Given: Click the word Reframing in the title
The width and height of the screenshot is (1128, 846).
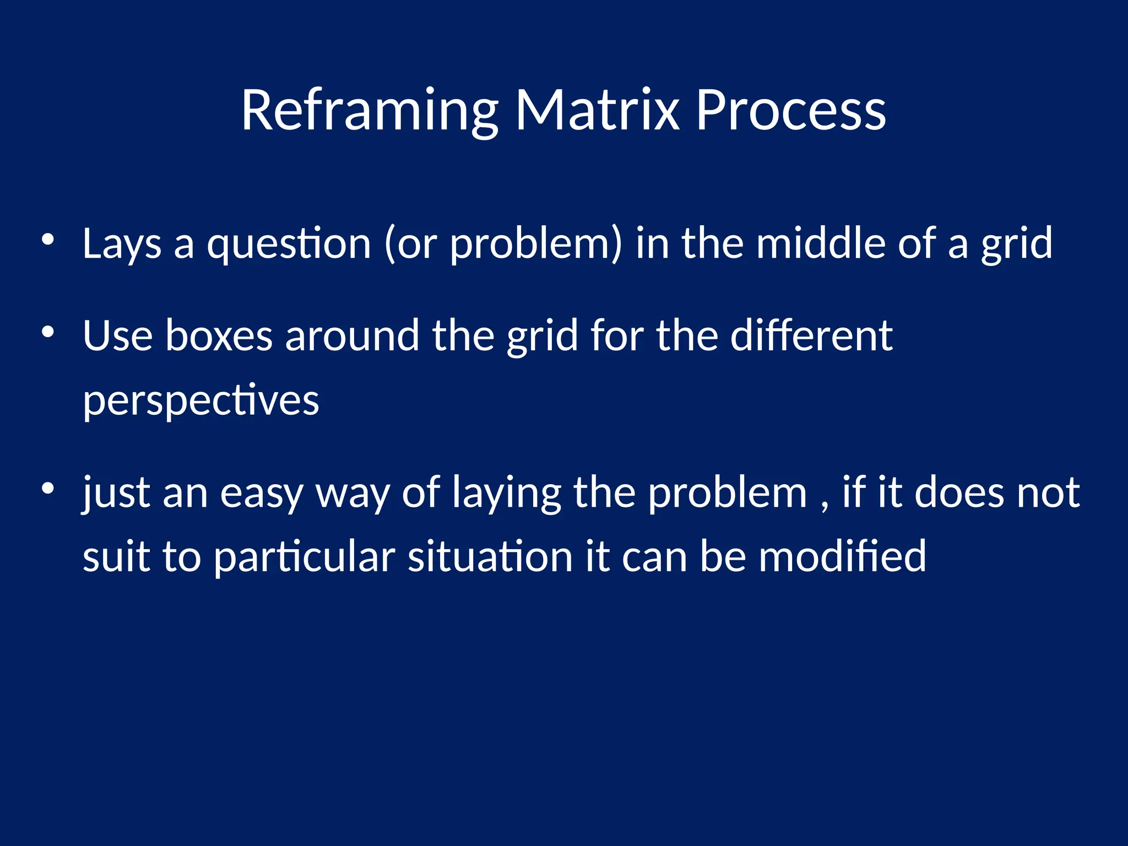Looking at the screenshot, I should click(x=369, y=111).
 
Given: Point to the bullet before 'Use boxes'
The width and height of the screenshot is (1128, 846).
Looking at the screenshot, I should click(x=48, y=332).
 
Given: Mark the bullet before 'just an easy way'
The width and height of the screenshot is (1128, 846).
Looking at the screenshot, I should click(x=48, y=489).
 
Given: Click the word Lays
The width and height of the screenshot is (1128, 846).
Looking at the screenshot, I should click(x=122, y=244).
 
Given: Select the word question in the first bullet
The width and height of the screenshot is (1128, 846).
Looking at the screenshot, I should click(x=289, y=244).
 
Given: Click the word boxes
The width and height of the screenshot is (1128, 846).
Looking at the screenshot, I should click(x=219, y=335).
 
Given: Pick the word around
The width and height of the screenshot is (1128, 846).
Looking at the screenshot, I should click(x=352, y=335).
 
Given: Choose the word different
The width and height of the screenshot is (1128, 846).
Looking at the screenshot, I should click(x=811, y=335).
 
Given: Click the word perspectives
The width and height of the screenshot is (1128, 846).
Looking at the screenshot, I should click(x=200, y=401).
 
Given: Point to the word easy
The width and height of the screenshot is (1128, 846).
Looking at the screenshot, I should click(x=262, y=493).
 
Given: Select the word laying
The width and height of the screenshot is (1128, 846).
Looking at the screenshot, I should click(x=506, y=493).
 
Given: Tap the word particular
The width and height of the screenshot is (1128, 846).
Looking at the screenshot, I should click(x=304, y=557).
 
